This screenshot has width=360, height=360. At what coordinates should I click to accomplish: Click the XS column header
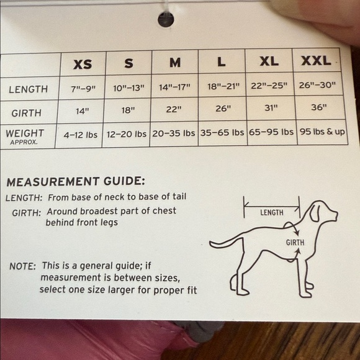coord(83,64)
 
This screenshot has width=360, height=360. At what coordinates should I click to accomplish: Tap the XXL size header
coord(316,61)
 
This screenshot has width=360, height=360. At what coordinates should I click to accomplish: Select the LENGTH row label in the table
coord(28,89)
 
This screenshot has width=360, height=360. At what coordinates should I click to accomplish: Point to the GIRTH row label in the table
coord(27,113)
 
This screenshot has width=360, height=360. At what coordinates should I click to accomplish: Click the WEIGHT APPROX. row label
coord(25,137)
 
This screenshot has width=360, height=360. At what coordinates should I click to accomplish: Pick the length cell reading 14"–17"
coord(174,87)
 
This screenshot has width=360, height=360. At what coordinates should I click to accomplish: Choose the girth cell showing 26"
coord(223,109)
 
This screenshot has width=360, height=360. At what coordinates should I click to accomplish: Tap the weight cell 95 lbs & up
coord(322,132)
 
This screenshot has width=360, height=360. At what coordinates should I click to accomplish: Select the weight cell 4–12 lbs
coord(80,135)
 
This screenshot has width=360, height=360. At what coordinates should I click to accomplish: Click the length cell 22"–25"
coord(269,86)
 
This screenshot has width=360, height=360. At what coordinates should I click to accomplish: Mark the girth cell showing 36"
coord(319,107)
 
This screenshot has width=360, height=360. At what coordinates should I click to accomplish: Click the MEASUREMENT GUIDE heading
coord(76,182)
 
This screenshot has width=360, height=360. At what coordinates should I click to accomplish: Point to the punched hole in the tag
coord(166,19)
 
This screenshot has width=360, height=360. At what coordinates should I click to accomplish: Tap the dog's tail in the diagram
coord(226,243)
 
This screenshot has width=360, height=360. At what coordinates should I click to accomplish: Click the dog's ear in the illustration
coord(315,212)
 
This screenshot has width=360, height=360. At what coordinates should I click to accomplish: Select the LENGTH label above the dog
coord(272,213)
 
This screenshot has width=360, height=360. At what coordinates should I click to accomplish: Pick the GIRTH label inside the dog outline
coord(295,243)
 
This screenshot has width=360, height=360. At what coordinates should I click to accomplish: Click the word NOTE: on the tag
coord(22,266)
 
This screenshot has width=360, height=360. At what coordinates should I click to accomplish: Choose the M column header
coord(175,63)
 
